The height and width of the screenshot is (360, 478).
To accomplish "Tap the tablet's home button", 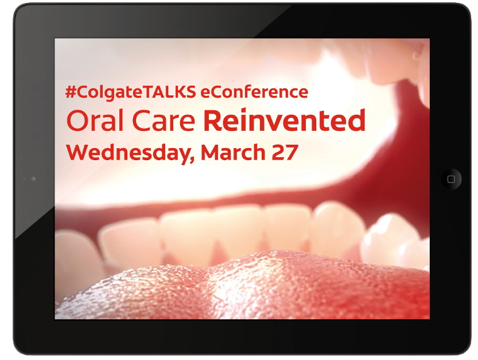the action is pyautogui.click(x=451, y=179).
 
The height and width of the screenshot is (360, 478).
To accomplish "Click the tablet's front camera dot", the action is pyautogui.click(x=33, y=179).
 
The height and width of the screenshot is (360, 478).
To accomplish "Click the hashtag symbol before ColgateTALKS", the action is pyautogui.click(x=71, y=92).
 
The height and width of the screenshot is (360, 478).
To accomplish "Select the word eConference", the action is pyautogui.click(x=254, y=92).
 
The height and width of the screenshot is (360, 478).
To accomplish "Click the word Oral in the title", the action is pyautogui.click(x=95, y=121).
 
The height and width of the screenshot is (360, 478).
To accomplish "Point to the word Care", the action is pyautogui.click(x=164, y=121).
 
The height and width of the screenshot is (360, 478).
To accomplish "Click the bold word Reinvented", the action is pyautogui.click(x=285, y=120).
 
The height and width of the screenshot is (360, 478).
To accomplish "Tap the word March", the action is pyautogui.click(x=233, y=152).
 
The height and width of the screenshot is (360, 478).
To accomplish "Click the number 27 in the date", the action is pyautogui.click(x=285, y=152).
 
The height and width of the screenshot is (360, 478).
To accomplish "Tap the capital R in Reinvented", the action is pyautogui.click(x=212, y=121).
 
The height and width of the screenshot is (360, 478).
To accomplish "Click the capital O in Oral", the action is pyautogui.click(x=77, y=121).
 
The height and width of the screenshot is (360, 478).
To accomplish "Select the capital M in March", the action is pyautogui.click(x=211, y=152).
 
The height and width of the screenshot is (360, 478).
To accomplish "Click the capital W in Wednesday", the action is pyautogui.click(x=79, y=152).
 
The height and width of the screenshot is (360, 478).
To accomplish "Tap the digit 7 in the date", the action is pyautogui.click(x=292, y=153).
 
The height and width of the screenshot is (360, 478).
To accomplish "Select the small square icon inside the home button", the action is pyautogui.click(x=451, y=179).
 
